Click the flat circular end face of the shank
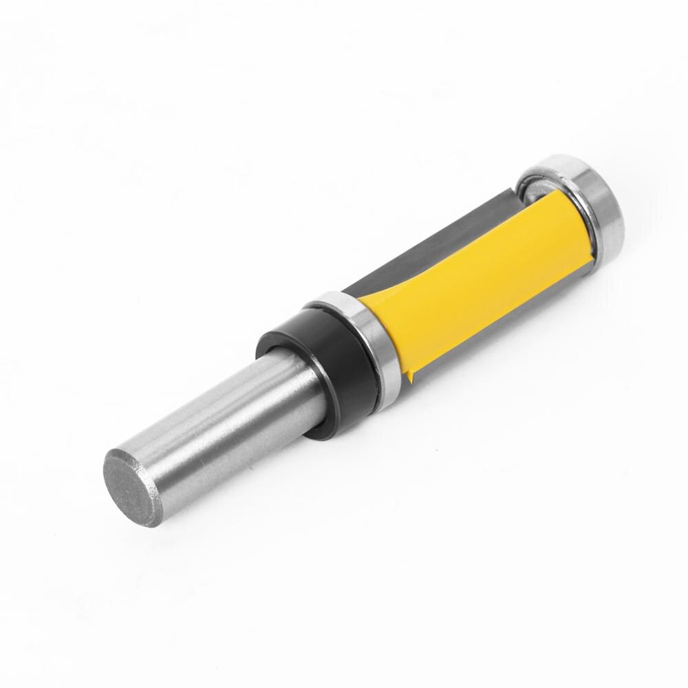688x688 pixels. (x=133, y=486)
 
